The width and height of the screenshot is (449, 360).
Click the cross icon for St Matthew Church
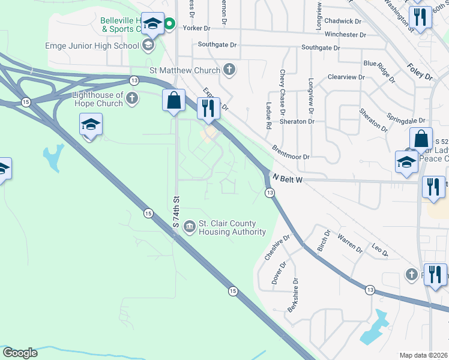(229, 70)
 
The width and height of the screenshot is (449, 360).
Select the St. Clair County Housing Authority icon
(189, 226)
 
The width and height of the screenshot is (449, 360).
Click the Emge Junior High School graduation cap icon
(148, 46)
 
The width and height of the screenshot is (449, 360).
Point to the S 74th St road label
(176, 211)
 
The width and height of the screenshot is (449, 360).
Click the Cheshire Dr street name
(277, 247)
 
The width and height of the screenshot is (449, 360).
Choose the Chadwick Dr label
(344, 21)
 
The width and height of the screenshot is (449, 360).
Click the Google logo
(20, 353)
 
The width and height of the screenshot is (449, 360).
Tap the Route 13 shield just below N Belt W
(270, 192)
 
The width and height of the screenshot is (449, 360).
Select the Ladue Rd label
(268, 116)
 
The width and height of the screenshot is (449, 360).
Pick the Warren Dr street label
(350, 242)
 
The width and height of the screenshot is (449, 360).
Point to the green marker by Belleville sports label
(169, 24)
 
